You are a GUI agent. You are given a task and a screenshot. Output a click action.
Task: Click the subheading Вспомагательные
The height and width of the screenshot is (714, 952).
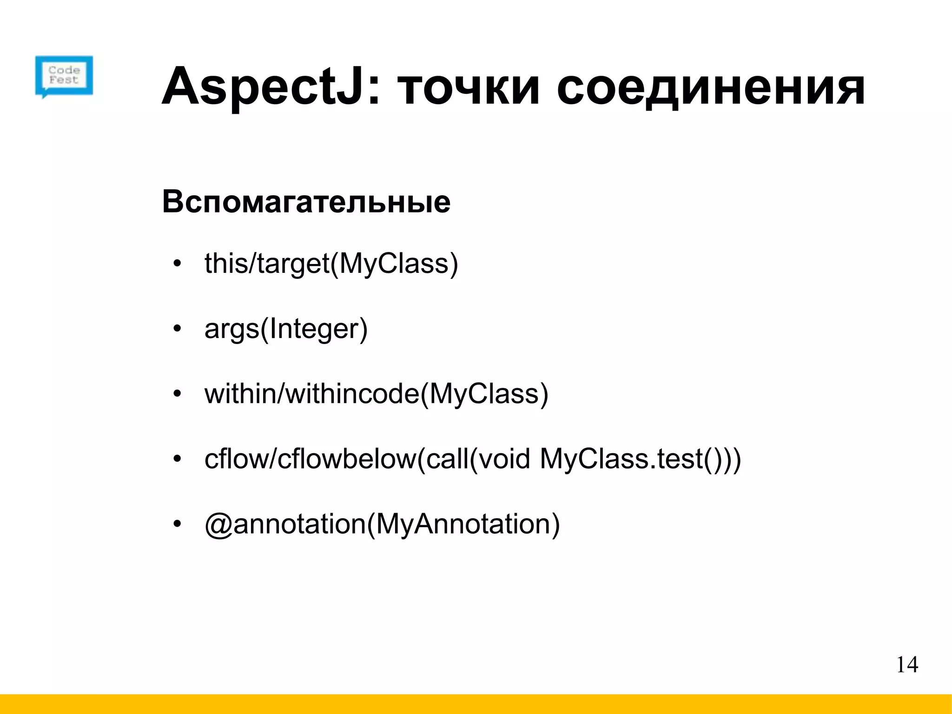306,202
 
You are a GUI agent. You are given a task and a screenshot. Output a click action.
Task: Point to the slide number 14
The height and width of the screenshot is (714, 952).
907,665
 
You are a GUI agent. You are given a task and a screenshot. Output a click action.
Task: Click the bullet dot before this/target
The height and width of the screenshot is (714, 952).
176,264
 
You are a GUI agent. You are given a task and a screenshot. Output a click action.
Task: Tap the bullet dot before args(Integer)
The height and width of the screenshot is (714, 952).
176,329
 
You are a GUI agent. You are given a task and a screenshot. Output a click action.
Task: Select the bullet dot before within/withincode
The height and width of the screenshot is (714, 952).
176,394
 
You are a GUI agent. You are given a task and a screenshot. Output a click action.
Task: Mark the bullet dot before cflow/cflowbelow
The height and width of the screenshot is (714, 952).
176,459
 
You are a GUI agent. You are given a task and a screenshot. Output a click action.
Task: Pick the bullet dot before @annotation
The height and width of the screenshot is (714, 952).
176,524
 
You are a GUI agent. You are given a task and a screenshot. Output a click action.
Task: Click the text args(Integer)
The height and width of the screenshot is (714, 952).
286,329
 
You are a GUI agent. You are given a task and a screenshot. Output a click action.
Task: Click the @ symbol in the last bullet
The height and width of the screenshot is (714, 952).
218,524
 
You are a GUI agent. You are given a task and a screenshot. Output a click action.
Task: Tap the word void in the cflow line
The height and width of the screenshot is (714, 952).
504,459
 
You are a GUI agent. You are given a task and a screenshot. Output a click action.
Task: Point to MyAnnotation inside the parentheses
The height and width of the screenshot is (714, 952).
463,524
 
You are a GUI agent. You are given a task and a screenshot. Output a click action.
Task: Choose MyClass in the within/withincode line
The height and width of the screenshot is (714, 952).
484,394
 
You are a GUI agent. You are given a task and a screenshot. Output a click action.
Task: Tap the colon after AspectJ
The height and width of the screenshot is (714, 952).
373,91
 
